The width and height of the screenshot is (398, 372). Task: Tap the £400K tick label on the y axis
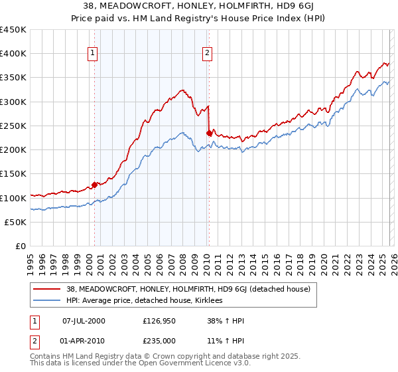[13, 54]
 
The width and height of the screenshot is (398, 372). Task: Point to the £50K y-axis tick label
[15, 222]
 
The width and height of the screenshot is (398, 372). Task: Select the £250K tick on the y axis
[13, 126]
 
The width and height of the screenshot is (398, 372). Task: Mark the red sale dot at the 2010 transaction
[209, 133]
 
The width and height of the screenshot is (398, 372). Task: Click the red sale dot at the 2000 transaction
[94, 185]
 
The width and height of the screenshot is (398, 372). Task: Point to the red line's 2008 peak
[182, 90]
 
